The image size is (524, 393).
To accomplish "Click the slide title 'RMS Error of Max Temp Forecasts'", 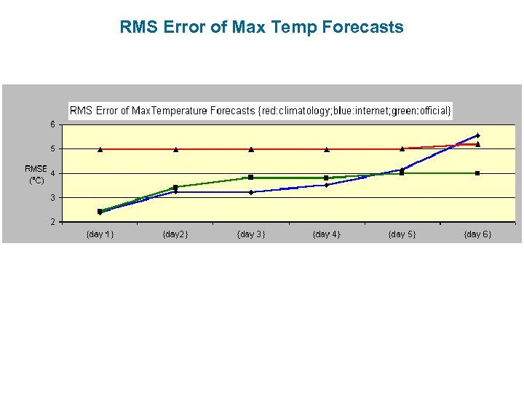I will (x=261, y=28).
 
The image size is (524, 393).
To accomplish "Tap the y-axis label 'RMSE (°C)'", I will (x=36, y=175).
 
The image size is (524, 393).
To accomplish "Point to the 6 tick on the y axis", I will (x=52, y=124).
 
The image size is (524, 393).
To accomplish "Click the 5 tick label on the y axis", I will (x=52, y=148).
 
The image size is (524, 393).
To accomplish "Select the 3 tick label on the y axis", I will (x=52, y=197).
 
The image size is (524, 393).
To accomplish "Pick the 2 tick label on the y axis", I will (x=52, y=222).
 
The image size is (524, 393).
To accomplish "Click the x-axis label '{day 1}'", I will (x=100, y=234).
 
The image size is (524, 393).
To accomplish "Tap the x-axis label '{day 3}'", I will (x=250, y=234).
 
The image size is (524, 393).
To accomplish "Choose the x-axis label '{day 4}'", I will (x=326, y=234).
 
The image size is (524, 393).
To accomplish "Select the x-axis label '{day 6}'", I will (x=477, y=234).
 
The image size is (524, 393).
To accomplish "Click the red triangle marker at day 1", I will (x=100, y=149).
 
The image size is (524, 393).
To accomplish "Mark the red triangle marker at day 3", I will (x=251, y=149).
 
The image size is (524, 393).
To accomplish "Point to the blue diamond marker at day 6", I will (x=477, y=135).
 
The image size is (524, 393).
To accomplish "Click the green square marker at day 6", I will (x=477, y=173).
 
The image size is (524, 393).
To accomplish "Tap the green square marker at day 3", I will (x=251, y=177).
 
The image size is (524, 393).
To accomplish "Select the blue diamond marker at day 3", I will (x=251, y=192).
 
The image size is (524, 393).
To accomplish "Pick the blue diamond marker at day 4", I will (x=327, y=185).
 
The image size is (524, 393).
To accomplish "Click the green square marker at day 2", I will (x=175, y=187).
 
